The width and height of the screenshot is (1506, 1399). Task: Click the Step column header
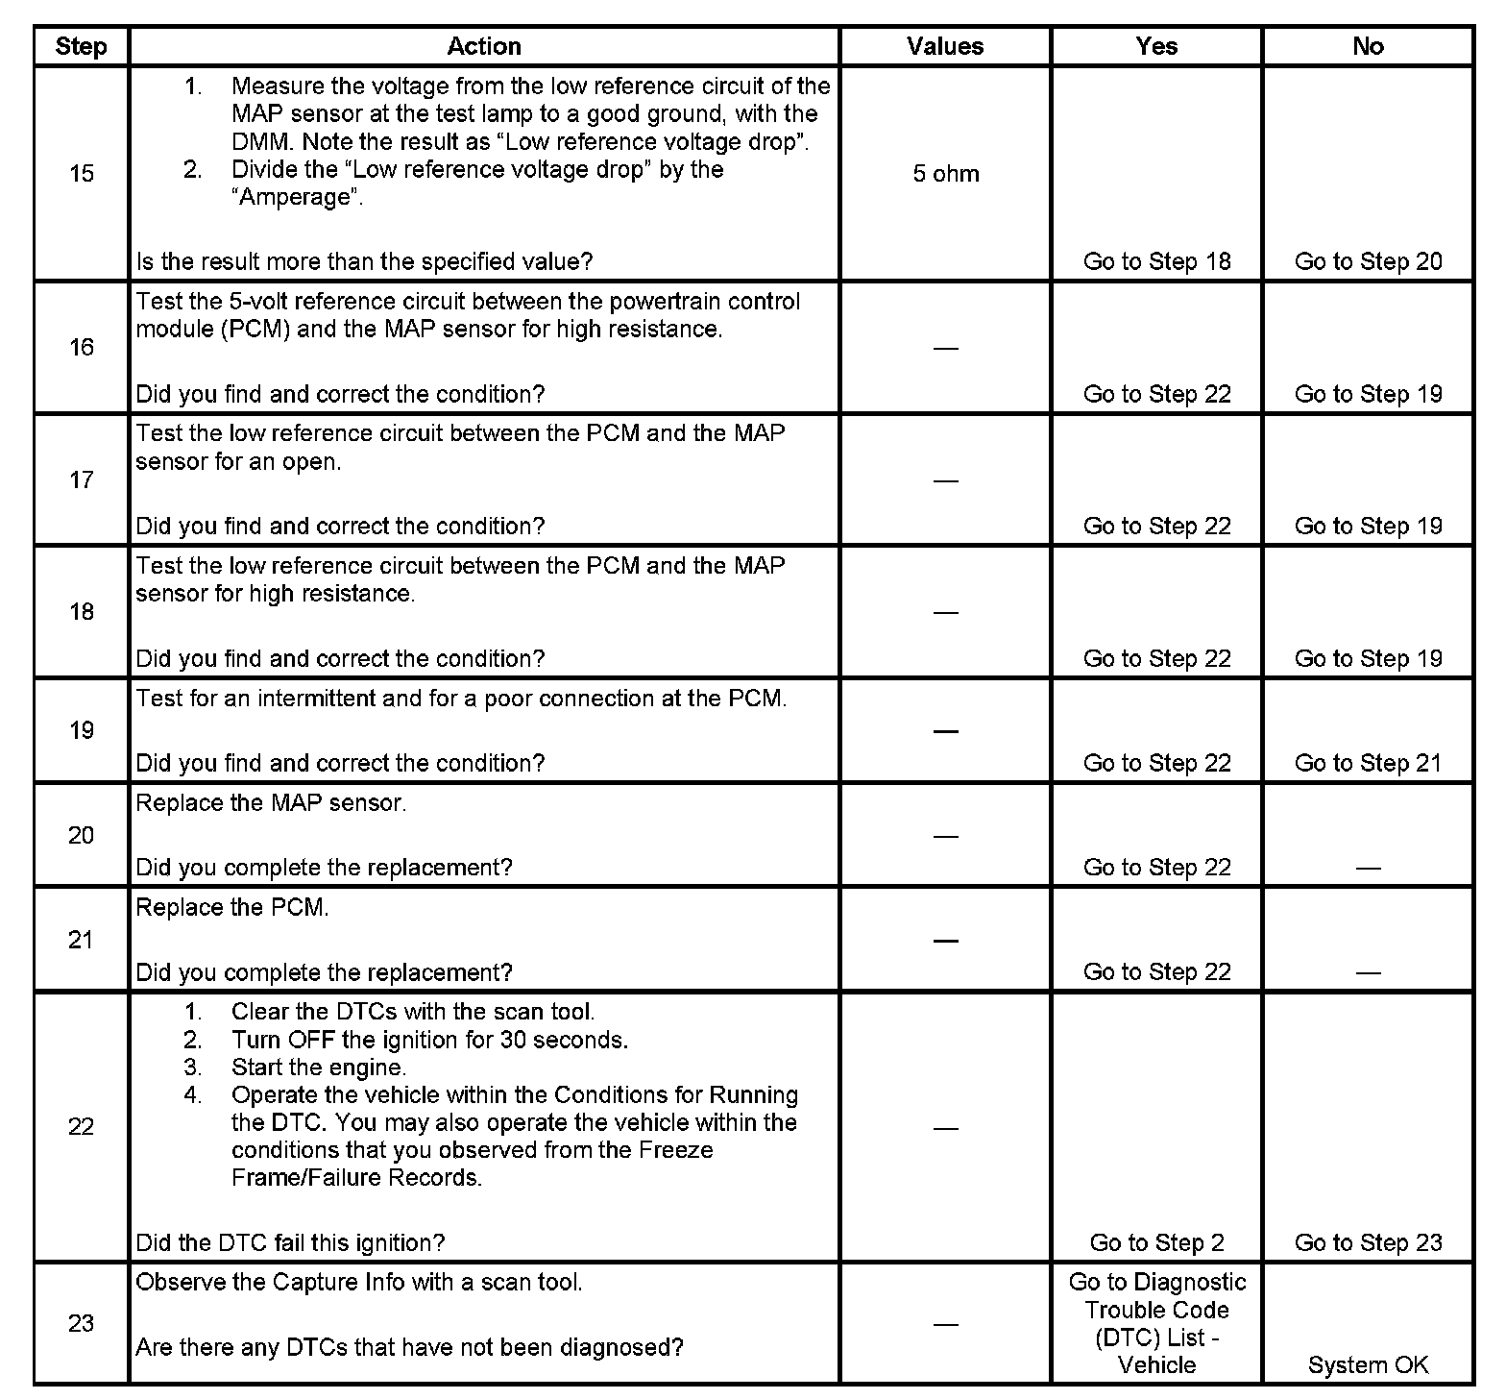(81, 46)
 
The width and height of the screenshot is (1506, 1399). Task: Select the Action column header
(484, 46)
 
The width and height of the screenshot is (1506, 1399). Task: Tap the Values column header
(945, 46)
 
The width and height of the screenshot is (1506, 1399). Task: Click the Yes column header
(1156, 46)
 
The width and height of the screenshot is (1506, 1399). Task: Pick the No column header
(1368, 46)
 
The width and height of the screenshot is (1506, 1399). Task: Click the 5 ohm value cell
(946, 174)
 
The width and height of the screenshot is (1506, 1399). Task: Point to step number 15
(82, 174)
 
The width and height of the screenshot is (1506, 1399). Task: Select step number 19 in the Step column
(82, 730)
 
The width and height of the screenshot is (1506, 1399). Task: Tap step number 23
(82, 1323)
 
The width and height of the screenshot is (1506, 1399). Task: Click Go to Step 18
(1156, 261)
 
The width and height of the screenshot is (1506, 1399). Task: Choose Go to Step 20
(1368, 261)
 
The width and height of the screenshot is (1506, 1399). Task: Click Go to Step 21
(1368, 763)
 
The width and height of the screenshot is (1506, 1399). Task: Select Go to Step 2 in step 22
(1156, 1242)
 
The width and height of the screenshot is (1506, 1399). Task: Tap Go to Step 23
(1368, 1242)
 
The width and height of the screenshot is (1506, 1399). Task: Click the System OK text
(1368, 1364)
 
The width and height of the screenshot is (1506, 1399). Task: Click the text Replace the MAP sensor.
(271, 803)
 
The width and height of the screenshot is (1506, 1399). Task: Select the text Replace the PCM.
(232, 908)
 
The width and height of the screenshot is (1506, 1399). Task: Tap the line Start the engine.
(319, 1068)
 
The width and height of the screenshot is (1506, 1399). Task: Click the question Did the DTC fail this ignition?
(290, 1242)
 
